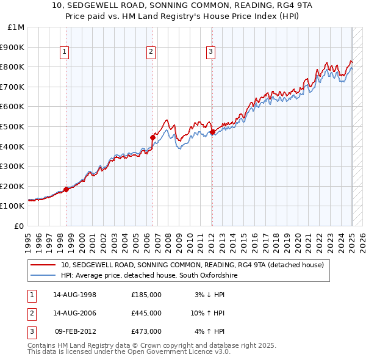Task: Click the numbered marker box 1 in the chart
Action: pos(64,52)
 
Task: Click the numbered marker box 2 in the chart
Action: pos(150,52)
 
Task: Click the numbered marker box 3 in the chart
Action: pos(210,52)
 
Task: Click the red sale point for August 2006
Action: pos(152,137)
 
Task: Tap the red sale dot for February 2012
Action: pos(212,132)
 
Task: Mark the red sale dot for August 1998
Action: pos(66,189)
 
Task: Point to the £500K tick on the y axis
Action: pos(13,126)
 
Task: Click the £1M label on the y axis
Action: pos(16,27)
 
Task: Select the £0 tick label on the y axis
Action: pos(20,226)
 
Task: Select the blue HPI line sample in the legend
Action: pos(43,276)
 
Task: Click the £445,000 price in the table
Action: pos(146,313)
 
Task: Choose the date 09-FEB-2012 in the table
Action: pos(75,331)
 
